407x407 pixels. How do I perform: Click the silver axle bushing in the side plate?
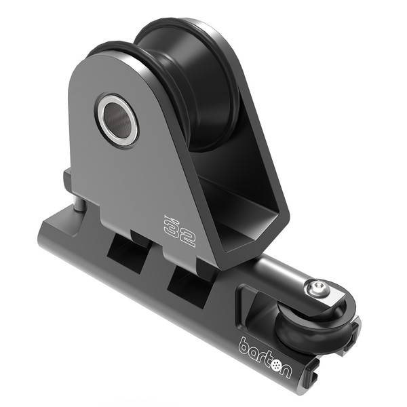[x=117, y=119]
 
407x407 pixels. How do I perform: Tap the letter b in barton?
[x=244, y=343]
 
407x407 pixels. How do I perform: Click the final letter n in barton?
[x=288, y=369]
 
